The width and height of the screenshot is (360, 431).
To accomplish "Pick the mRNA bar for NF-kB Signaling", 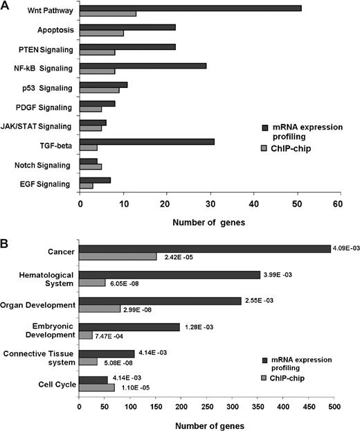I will [143, 65].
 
